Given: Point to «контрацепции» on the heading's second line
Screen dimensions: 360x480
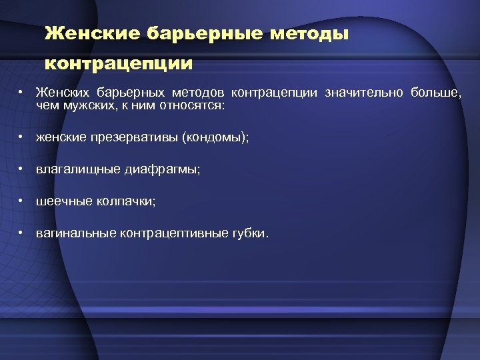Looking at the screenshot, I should pos(118,65).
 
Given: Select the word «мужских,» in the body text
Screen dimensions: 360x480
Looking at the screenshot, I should pos(87,105).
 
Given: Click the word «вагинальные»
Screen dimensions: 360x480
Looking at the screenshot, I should pos(76,233).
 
